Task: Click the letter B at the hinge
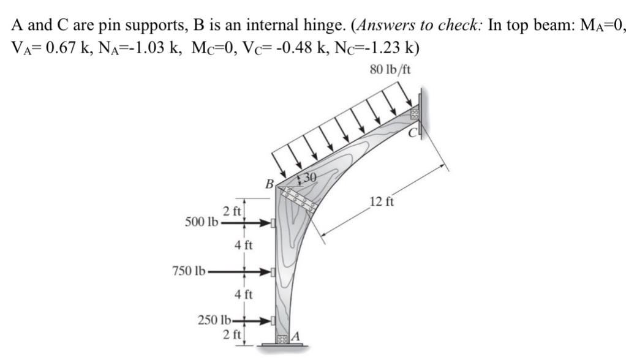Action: (268, 182)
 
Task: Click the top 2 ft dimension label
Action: (232, 212)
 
